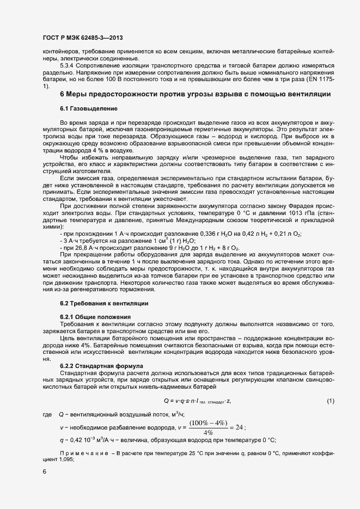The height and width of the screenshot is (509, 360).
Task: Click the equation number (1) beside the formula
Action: coord(330,401)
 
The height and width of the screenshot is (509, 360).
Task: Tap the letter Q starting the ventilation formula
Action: coord(166,401)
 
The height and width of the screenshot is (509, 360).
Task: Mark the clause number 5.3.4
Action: coord(67,66)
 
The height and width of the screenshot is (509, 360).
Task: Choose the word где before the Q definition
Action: coord(47,416)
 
